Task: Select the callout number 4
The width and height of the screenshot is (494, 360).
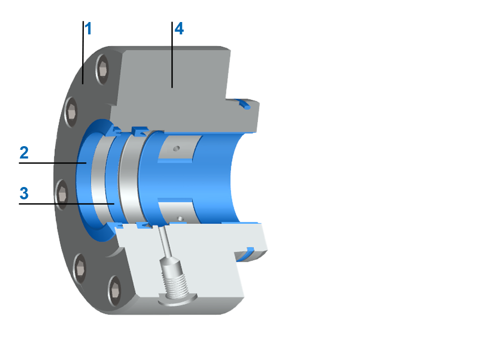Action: click(179, 29)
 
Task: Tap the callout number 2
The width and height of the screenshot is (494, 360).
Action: click(24, 152)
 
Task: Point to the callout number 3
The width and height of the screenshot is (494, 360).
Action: click(24, 192)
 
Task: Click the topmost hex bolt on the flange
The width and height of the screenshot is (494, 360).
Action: click(103, 68)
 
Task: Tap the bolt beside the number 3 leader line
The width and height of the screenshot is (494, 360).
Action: click(61, 193)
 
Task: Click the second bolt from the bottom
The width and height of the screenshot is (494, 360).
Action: click(79, 264)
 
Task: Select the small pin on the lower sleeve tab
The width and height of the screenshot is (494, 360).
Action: click(181, 218)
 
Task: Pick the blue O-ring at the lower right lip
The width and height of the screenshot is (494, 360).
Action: click(249, 251)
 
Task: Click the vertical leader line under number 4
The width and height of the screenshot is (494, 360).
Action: click(172, 54)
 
